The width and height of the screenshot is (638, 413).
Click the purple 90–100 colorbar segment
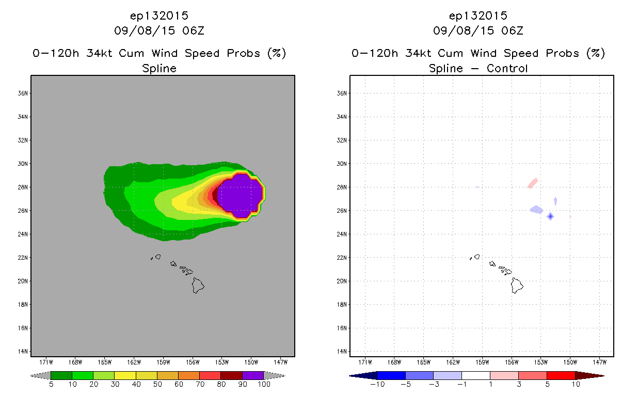(253, 375)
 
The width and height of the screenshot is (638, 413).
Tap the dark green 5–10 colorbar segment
(61, 375)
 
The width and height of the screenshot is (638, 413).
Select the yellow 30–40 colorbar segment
(125, 375)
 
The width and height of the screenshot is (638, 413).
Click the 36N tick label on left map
(23, 93)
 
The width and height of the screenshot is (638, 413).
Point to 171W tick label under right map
(365, 362)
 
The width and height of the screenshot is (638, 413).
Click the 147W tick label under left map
(281, 362)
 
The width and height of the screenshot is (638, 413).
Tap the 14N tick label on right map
(342, 352)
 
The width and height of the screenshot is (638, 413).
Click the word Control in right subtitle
(507, 68)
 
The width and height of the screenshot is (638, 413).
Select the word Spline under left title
(159, 68)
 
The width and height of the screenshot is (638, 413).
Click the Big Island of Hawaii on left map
(198, 285)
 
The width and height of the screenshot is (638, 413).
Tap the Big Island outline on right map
(517, 285)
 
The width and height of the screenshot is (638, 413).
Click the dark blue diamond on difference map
(550, 216)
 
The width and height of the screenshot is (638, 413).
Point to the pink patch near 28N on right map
(533, 183)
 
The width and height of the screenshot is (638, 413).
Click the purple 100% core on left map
(241, 196)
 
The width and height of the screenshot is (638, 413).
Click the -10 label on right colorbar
(377, 385)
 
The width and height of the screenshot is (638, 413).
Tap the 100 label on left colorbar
(264, 385)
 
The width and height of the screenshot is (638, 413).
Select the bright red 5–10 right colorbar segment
(561, 375)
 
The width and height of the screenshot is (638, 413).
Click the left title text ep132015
(159, 16)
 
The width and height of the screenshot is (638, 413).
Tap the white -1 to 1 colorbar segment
(475, 375)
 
